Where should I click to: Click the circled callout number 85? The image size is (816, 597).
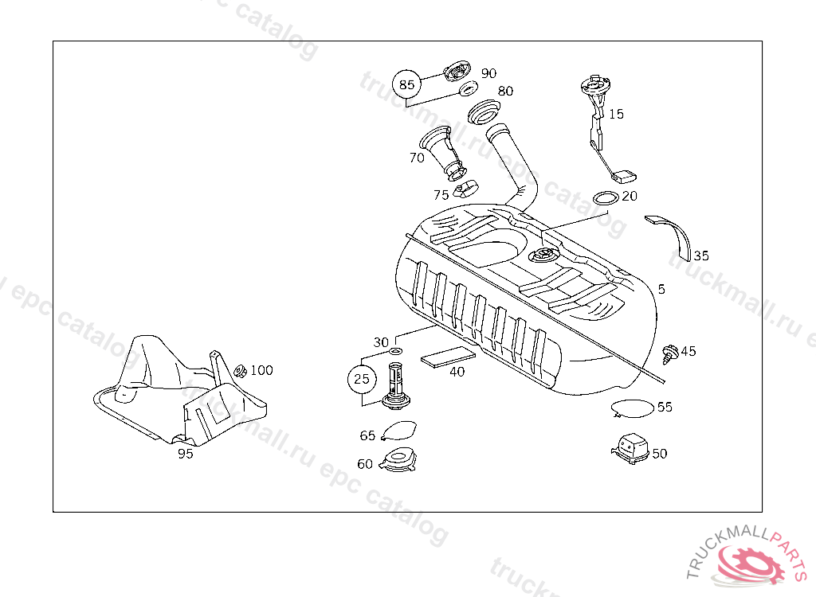tap(407, 84)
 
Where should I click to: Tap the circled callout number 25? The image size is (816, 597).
tap(362, 379)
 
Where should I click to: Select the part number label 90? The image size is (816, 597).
tap(488, 73)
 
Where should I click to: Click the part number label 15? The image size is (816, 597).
tap(616, 114)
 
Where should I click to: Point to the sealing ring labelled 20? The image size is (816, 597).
tap(606, 197)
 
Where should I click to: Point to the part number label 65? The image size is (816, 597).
tap(367, 435)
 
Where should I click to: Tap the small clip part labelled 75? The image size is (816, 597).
tap(465, 190)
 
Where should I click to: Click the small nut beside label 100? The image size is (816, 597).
tap(239, 371)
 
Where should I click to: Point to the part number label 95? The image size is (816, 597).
tap(185, 454)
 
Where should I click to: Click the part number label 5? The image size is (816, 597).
tap(661, 289)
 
